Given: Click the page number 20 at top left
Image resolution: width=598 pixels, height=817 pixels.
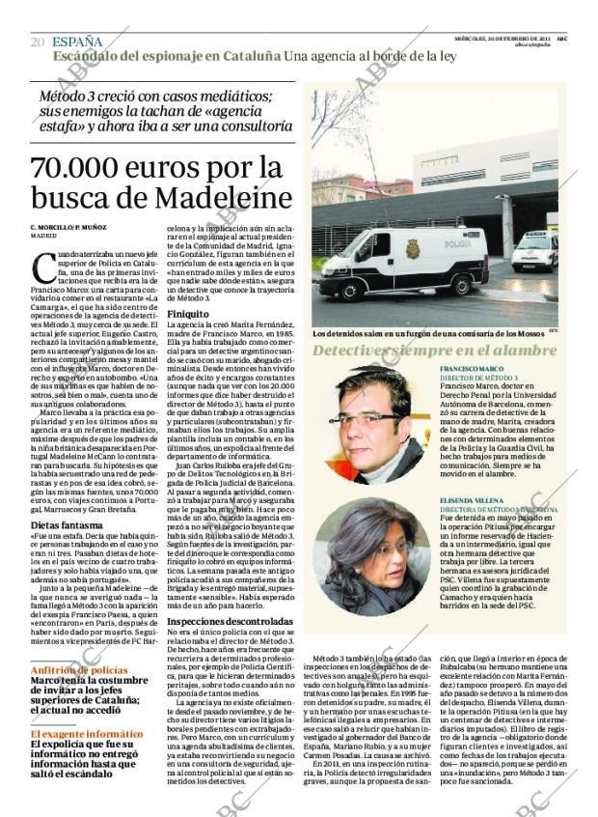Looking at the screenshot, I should point(38,42).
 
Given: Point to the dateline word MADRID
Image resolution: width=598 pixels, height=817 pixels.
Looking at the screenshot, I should point(43,235).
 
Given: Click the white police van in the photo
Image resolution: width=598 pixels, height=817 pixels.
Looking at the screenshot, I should point(405,262).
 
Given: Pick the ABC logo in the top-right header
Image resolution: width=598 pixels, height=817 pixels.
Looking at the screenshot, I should point(561,38).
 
